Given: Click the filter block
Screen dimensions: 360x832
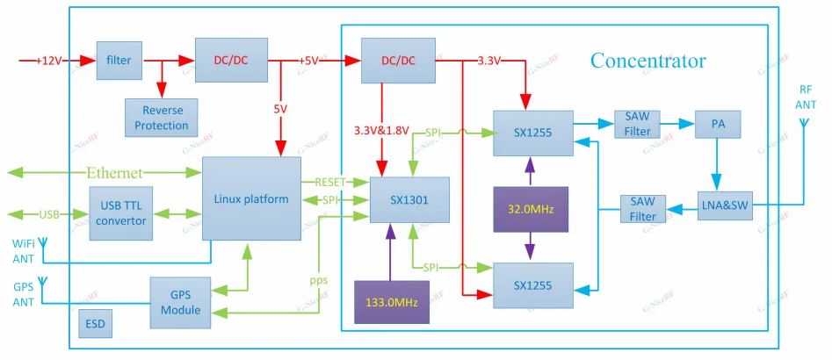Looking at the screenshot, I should [x=119, y=61].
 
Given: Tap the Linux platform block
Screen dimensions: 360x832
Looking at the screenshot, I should [x=250, y=199].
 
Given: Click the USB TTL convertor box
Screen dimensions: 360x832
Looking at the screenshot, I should [x=122, y=213].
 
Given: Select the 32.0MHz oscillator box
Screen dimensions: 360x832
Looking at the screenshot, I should [x=531, y=210].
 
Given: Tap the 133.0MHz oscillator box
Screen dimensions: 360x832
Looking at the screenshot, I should [x=391, y=301].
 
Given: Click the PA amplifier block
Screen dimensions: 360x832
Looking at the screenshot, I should [x=717, y=124].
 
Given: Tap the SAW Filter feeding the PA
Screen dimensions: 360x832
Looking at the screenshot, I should [x=638, y=124].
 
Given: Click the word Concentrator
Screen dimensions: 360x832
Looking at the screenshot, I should [x=648, y=61].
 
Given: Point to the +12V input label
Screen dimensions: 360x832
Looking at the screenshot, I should [x=49, y=61].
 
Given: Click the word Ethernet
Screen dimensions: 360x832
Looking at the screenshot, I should [x=114, y=172].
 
